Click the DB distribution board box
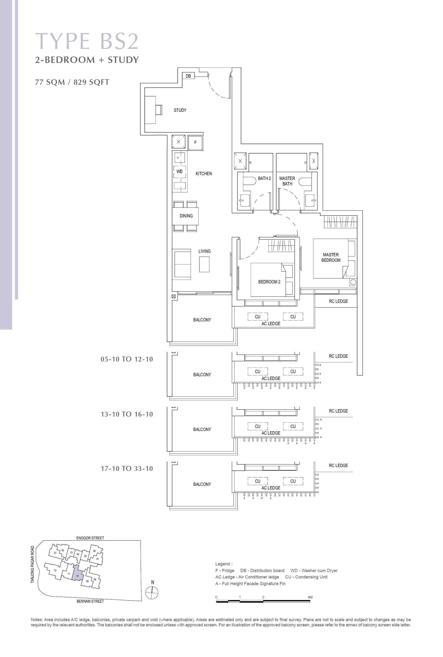click(x=188, y=76)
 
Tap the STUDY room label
click(x=180, y=110)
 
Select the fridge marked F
click(x=195, y=143)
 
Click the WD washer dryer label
click(x=179, y=172)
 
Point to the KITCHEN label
click(x=204, y=174)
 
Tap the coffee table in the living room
click(x=204, y=264)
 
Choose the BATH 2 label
click(x=264, y=178)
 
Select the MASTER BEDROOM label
click(x=331, y=258)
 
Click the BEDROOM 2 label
click(x=269, y=282)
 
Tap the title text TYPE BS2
click(x=87, y=41)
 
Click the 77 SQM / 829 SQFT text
click(x=72, y=82)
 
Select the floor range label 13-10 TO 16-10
click(x=127, y=414)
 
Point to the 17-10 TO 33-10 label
click(x=127, y=469)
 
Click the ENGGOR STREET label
click(x=90, y=538)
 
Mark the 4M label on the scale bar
click(x=310, y=597)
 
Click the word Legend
click(x=224, y=564)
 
